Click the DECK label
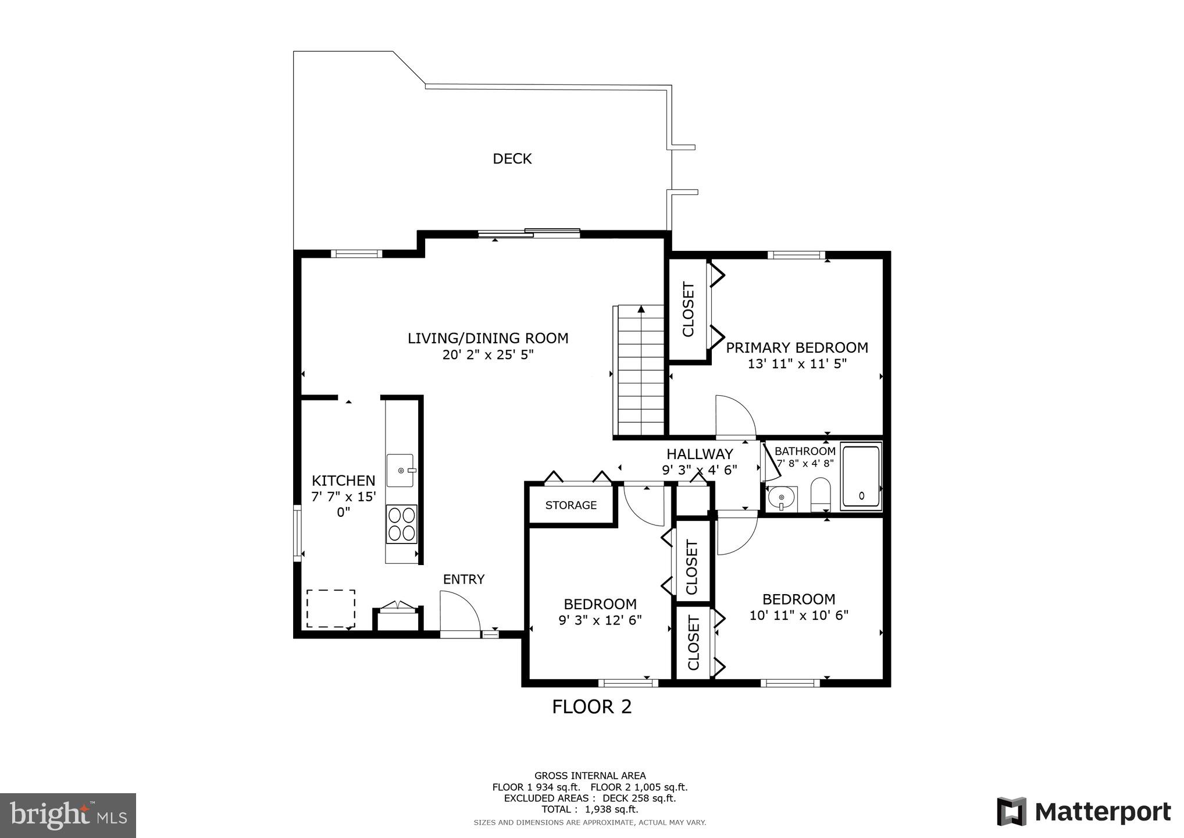tap(512, 159)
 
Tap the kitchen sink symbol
tap(400, 470)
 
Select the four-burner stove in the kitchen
tap(401, 524)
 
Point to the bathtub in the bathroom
tap(861, 477)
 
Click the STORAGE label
tap(570, 505)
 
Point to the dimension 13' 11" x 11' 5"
tap(797, 364)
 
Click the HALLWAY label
tap(700, 454)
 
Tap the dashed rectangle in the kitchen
tap(331, 608)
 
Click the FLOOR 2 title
tap(591, 706)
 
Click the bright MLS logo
tap(68, 815)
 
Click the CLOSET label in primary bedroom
tap(688, 309)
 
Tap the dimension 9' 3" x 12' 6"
tap(600, 620)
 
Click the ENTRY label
tap(463, 579)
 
